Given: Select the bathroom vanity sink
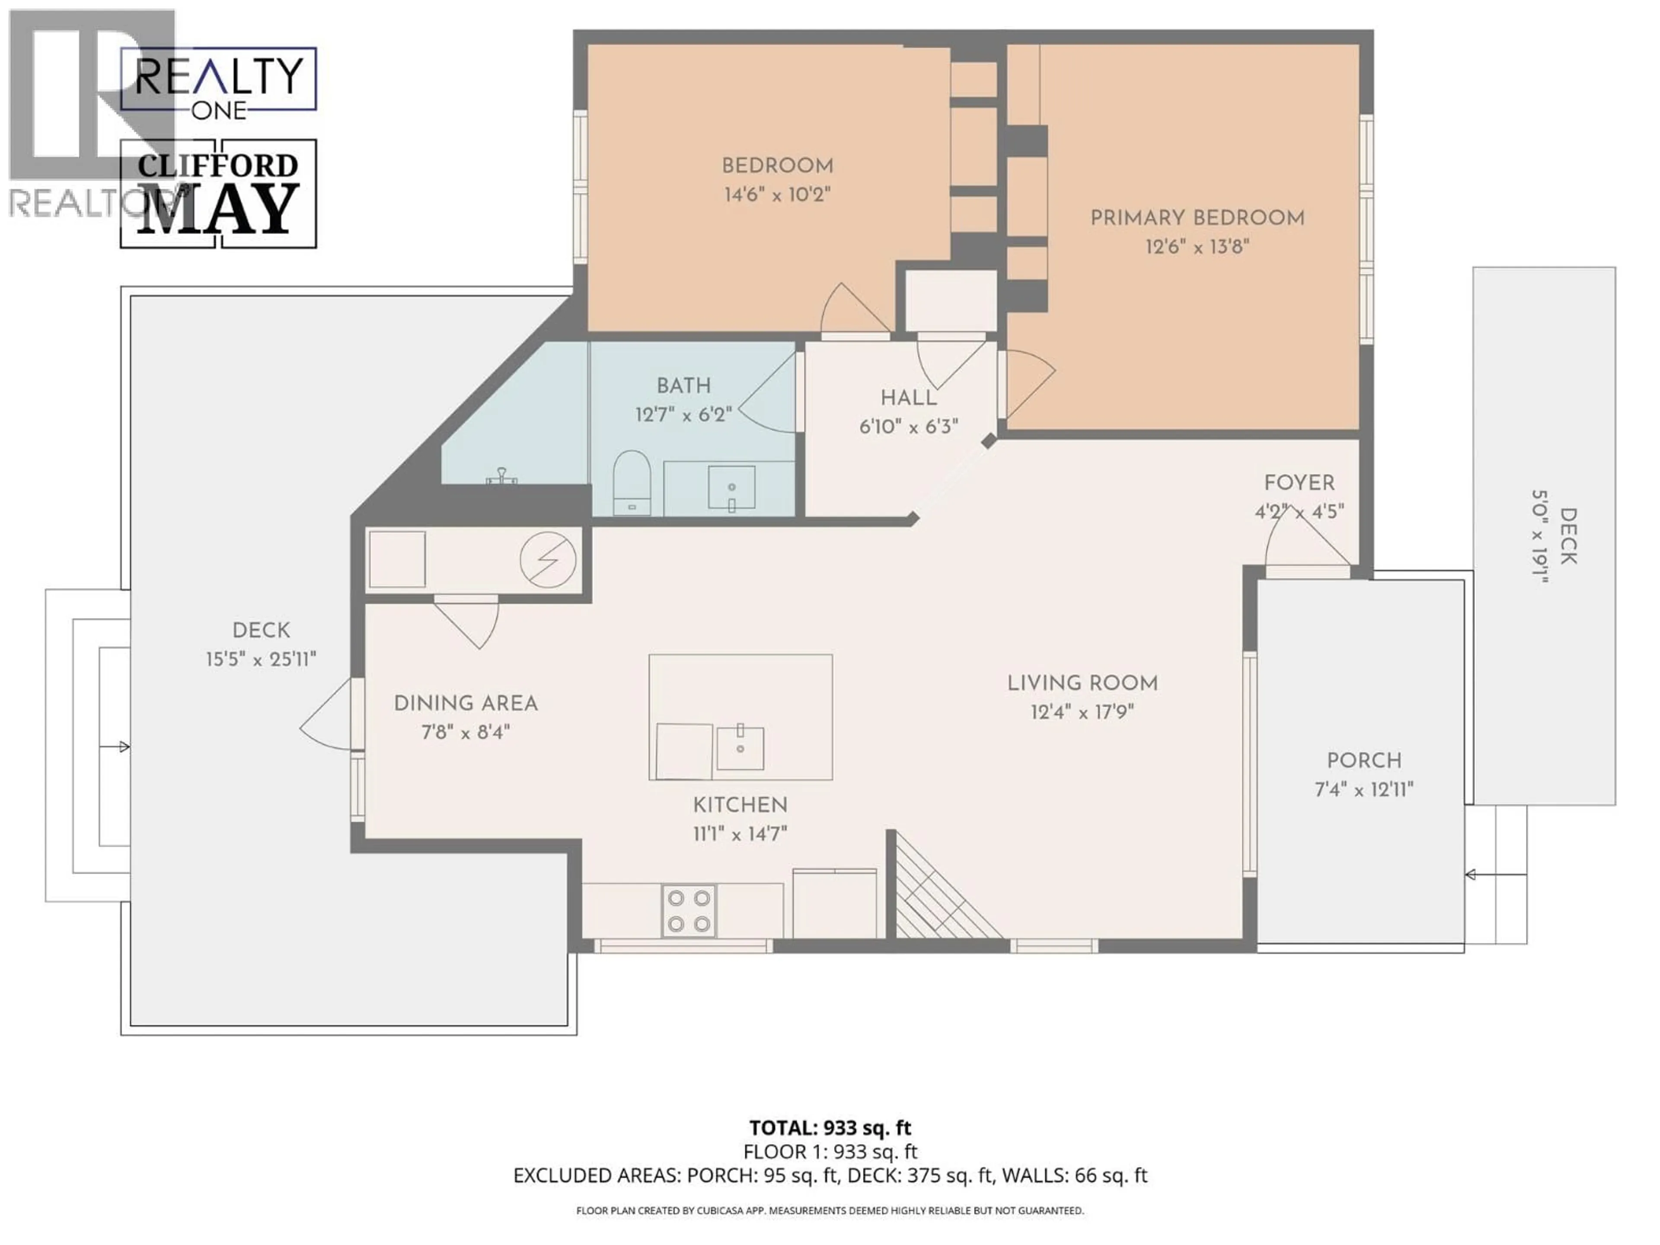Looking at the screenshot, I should click(x=732, y=487).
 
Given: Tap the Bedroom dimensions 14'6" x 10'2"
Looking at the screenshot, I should click(x=777, y=195).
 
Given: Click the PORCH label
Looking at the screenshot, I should click(x=1363, y=761).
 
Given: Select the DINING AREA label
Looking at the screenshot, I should click(x=465, y=704).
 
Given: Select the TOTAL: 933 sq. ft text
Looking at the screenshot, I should click(x=830, y=1127).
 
